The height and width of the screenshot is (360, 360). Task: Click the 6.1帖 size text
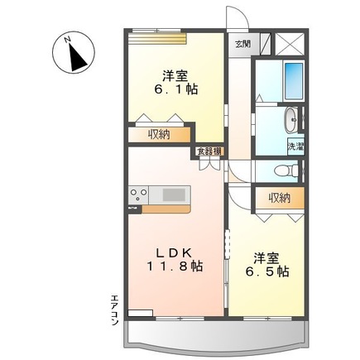175,89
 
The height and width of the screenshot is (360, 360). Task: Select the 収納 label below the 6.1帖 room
161,134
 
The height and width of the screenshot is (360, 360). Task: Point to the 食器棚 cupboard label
208,151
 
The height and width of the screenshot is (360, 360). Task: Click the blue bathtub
291,80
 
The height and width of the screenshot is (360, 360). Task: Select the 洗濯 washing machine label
295,146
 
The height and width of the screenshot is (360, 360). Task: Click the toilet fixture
286,170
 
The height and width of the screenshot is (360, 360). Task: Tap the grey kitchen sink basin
175,194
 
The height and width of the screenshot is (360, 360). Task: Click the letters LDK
175,250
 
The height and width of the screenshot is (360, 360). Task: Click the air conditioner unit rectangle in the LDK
140,312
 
